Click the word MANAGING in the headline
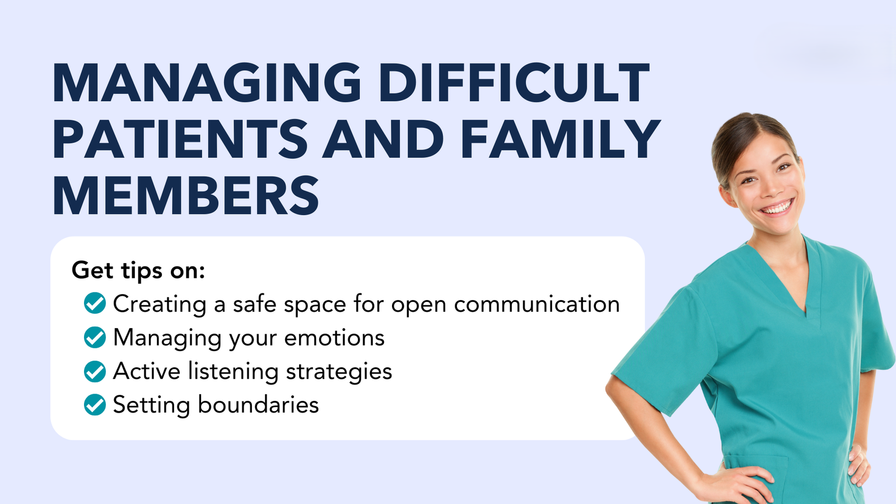click(x=207, y=83)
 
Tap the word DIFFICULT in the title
click(x=514, y=83)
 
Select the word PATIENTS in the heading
click(x=180, y=139)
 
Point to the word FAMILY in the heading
click(x=560, y=139)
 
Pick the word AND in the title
click(x=383, y=139)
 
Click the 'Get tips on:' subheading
click(x=138, y=270)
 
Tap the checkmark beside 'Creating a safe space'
click(x=95, y=303)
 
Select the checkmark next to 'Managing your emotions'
click(x=95, y=337)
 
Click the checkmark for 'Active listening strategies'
click(x=95, y=371)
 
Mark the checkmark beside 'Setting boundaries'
click(x=95, y=404)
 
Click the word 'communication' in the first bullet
click(x=537, y=304)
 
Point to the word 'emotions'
click(x=334, y=338)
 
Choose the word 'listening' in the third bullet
click(x=233, y=372)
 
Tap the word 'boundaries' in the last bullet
click(x=258, y=405)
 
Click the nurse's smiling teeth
click(x=777, y=208)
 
